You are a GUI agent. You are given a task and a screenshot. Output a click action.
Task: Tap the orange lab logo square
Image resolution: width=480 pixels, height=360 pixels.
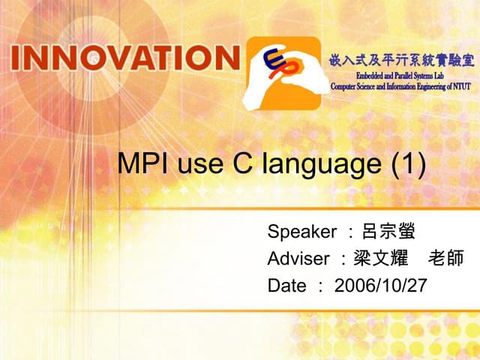285,71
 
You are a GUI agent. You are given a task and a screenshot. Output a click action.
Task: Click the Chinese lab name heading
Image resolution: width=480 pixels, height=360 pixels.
402,61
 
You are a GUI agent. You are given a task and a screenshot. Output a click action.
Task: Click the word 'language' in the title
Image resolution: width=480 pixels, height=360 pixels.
322,166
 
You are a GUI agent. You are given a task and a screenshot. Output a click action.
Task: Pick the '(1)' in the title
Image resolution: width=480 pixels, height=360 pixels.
409,164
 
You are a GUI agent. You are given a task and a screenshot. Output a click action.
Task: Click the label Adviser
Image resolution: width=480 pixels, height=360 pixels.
298,259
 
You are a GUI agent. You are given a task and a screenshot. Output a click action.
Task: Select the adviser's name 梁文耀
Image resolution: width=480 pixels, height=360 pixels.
380,259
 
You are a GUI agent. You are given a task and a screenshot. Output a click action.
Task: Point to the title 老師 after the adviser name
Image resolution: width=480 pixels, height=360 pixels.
446,259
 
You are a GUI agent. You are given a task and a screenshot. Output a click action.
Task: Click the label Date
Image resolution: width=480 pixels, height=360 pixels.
286,286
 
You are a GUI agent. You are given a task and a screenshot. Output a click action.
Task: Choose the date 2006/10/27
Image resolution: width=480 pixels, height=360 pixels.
380,286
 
